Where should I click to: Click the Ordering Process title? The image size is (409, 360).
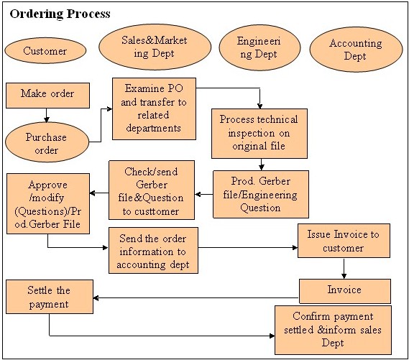pyautogui.click(x=60, y=14)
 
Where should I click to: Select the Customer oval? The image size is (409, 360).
pyautogui.click(x=45, y=50)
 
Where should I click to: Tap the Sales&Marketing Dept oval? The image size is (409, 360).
pyautogui.click(x=155, y=47)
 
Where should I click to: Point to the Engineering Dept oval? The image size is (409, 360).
pyautogui.click(x=259, y=47)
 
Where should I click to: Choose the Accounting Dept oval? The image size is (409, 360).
pyautogui.click(x=356, y=50)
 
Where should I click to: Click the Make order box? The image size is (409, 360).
pyautogui.click(x=47, y=96)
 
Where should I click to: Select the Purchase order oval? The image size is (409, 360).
pyautogui.click(x=47, y=142)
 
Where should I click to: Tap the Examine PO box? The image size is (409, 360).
pyautogui.click(x=154, y=109)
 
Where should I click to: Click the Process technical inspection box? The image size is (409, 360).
pyautogui.click(x=259, y=134)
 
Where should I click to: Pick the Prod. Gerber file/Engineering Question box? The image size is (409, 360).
pyautogui.click(x=261, y=194)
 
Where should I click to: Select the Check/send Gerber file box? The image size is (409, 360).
pyautogui.click(x=152, y=190)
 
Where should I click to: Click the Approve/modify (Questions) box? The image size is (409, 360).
pyautogui.click(x=48, y=203)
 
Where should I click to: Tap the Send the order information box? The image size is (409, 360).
pyautogui.click(x=153, y=250)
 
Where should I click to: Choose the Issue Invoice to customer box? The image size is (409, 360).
pyautogui.click(x=344, y=241)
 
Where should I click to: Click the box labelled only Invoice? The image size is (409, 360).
pyautogui.click(x=345, y=291)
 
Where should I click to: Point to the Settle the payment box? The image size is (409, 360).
pyautogui.click(x=50, y=297)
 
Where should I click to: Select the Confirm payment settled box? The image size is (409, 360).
pyautogui.click(x=333, y=330)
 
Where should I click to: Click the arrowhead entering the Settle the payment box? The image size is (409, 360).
pyautogui.click(x=96, y=297)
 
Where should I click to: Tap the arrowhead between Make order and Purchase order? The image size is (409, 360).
pyautogui.click(x=47, y=120)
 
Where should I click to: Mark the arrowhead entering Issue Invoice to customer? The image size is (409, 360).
pyautogui.click(x=295, y=247)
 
